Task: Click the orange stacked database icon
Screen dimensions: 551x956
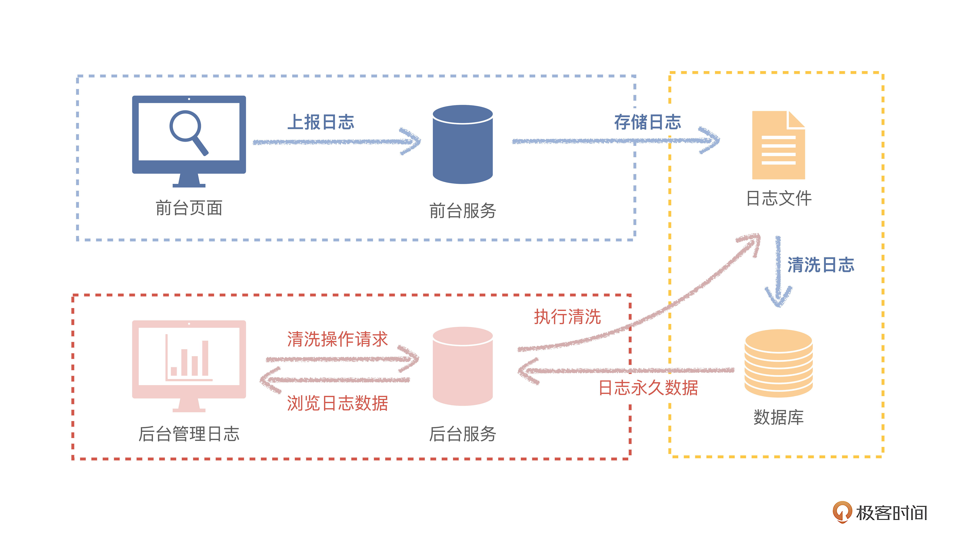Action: point(778,363)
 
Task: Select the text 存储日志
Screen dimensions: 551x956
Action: point(647,122)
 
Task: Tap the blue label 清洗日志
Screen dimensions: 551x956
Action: point(821,265)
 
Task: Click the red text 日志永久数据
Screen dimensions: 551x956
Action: point(648,388)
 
